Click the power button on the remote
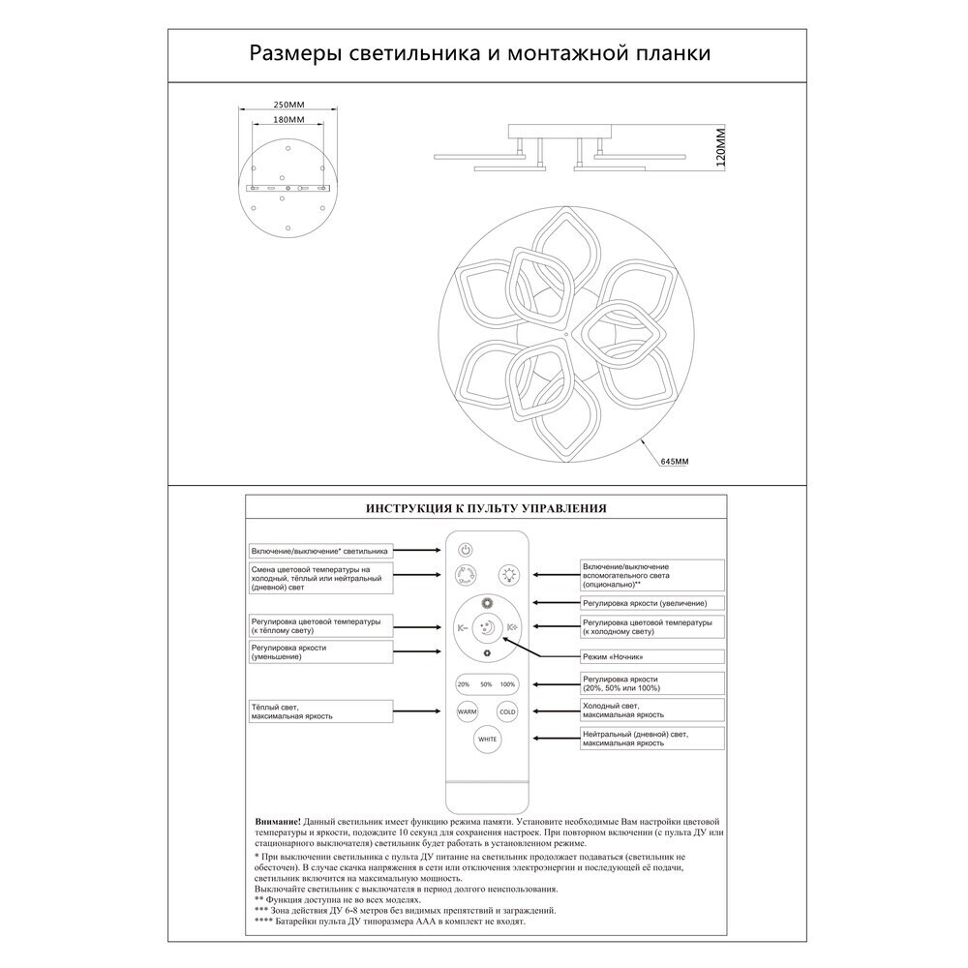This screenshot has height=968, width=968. (x=466, y=549)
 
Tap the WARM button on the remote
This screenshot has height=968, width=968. (x=467, y=711)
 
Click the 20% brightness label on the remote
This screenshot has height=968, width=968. (x=464, y=684)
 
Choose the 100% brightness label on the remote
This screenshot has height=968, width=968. (x=508, y=684)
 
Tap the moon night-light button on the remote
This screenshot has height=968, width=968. (x=488, y=628)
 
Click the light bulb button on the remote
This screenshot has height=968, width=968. (x=508, y=575)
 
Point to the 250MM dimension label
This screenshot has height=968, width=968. (x=284, y=105)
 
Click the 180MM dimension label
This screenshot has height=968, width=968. (x=284, y=119)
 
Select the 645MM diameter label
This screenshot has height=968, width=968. (x=674, y=463)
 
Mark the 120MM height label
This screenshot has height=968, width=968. (x=721, y=147)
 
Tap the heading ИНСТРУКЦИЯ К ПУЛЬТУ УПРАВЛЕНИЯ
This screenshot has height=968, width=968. (x=485, y=506)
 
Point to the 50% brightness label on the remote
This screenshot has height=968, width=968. (x=486, y=684)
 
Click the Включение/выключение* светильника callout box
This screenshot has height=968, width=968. (x=320, y=549)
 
